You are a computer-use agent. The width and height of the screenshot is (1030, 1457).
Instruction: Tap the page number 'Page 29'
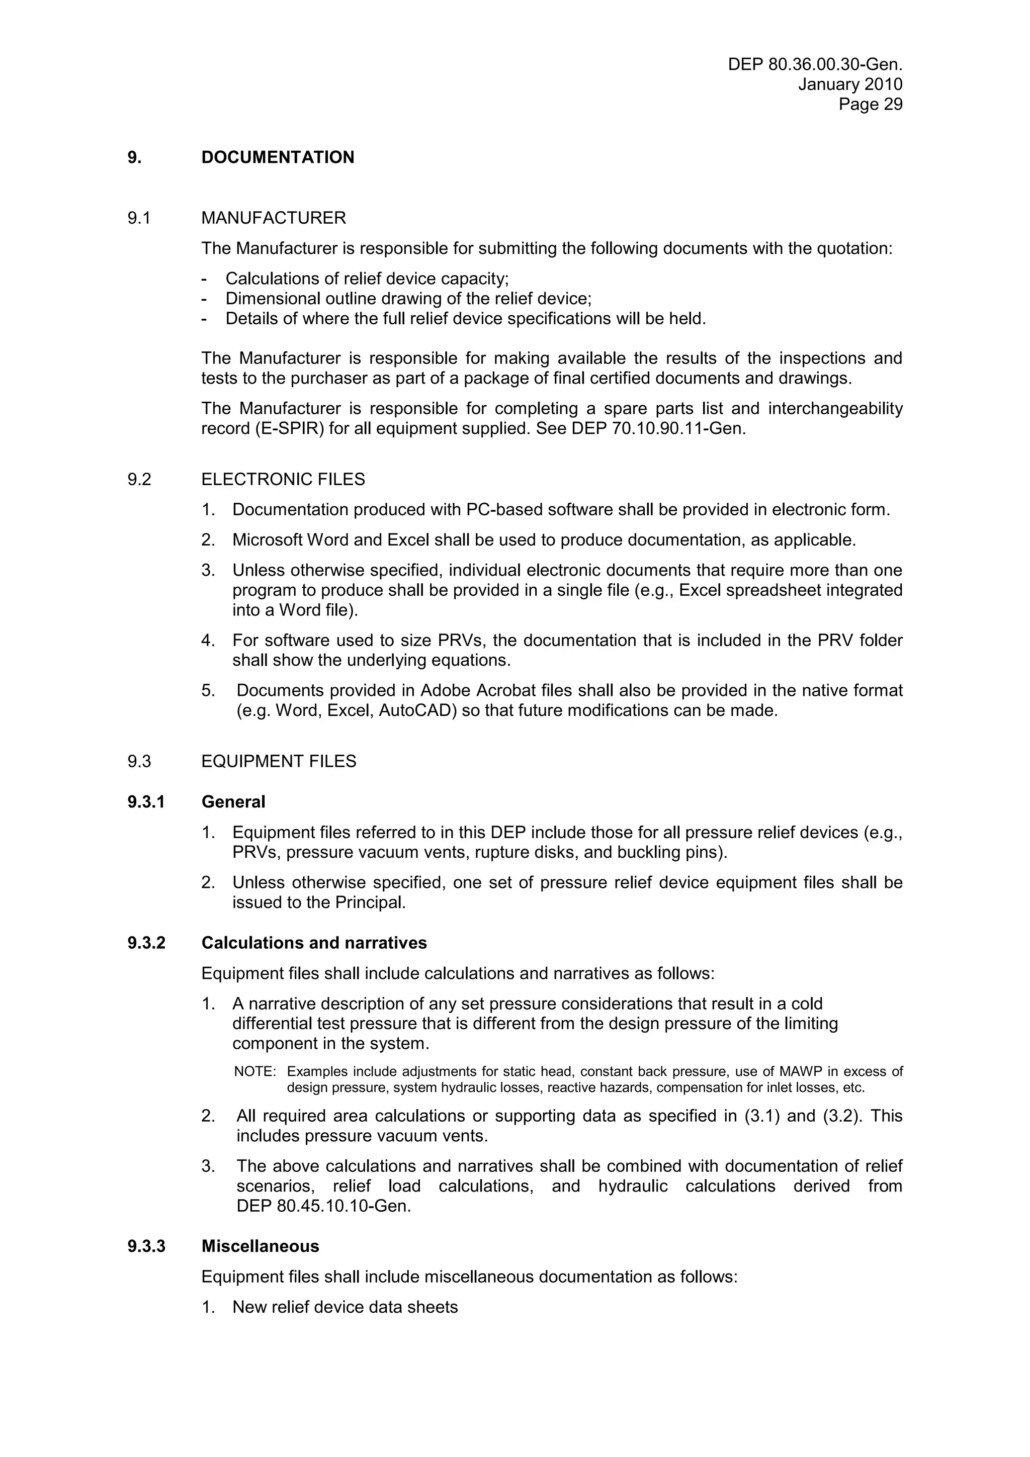click(x=870, y=104)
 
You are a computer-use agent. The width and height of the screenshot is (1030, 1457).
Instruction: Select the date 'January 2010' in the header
click(x=850, y=84)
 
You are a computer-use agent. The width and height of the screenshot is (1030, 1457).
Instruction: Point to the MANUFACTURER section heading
click(x=274, y=218)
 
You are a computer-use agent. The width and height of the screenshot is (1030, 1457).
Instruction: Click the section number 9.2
click(x=139, y=480)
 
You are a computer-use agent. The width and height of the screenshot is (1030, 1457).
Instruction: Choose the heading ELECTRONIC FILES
click(x=283, y=480)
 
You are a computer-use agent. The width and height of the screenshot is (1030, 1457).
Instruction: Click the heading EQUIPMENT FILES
click(x=279, y=762)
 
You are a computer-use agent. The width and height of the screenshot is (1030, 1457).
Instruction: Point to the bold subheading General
click(x=233, y=802)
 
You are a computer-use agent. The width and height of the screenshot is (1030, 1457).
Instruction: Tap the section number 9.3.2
click(x=146, y=943)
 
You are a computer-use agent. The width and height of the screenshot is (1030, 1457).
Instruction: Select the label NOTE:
click(x=254, y=1072)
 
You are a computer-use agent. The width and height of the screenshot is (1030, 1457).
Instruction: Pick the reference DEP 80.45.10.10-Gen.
click(x=324, y=1206)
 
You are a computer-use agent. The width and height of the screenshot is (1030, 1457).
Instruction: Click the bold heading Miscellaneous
click(x=260, y=1246)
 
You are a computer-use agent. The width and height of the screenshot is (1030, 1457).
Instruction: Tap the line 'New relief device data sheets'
click(x=345, y=1307)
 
